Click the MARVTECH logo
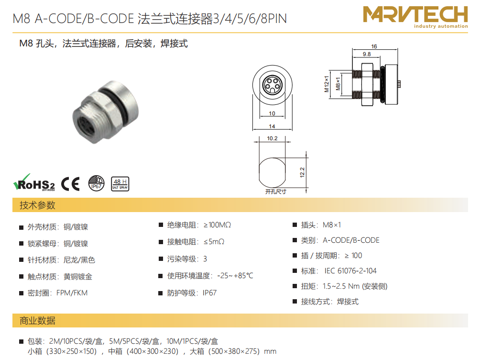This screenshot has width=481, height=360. [x=415, y=17]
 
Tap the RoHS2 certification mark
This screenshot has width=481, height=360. [x=34, y=183]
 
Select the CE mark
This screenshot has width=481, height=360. [x=71, y=184]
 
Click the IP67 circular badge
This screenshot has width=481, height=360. [x=96, y=183]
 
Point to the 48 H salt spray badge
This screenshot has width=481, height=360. [x=120, y=184]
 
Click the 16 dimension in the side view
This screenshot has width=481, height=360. [x=374, y=46]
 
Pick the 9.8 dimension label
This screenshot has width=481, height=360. [x=367, y=54]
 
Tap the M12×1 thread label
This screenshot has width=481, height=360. [x=327, y=84]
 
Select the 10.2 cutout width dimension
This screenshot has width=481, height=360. [x=272, y=138]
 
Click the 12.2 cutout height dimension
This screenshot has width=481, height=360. [x=302, y=172]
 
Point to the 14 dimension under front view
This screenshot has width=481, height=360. [x=272, y=126]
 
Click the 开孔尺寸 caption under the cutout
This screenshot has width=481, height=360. [x=276, y=191]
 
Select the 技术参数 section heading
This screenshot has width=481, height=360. [x=37, y=205]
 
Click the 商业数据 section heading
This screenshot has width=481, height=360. [x=37, y=321]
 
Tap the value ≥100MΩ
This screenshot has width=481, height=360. [x=217, y=225]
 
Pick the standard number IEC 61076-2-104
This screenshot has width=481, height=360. [x=350, y=271]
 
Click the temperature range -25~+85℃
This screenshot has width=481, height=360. [x=235, y=276]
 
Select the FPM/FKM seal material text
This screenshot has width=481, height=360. [x=72, y=293]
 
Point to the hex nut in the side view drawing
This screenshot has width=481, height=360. [x=367, y=84]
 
